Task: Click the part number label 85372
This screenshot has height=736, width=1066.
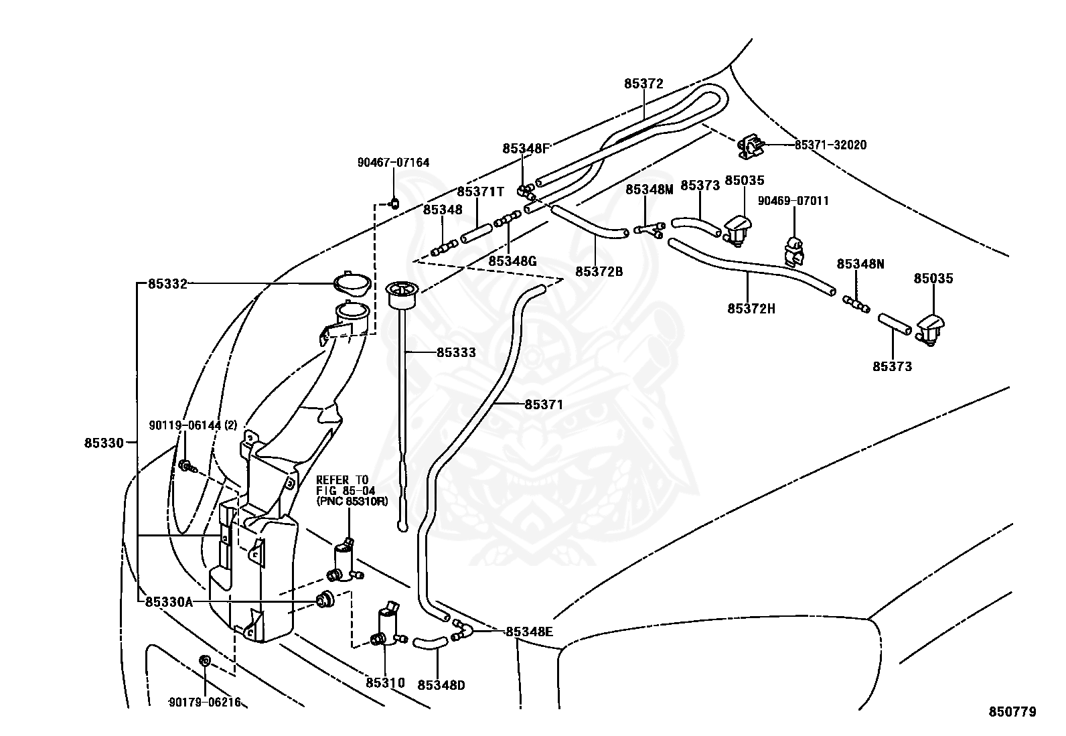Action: point(643,84)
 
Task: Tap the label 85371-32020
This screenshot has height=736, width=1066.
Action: point(830,145)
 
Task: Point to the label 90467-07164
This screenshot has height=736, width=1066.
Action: point(394,162)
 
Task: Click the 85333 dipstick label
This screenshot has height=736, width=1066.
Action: point(456,352)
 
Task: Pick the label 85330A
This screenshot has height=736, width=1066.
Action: point(169,602)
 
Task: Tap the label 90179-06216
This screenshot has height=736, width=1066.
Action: point(205,703)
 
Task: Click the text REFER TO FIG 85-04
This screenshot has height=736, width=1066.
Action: point(346,485)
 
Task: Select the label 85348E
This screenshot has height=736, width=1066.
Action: point(529,632)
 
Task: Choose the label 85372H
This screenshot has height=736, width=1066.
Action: point(751,309)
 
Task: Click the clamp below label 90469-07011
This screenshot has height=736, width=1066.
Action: point(793,251)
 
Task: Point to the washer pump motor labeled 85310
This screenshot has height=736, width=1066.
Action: point(388,625)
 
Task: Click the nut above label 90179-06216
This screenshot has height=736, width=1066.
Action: point(205,661)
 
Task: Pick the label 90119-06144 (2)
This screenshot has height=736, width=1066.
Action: point(193,425)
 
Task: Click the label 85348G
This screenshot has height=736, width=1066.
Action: point(512,261)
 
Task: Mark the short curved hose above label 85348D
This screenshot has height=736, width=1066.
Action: point(431,643)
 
